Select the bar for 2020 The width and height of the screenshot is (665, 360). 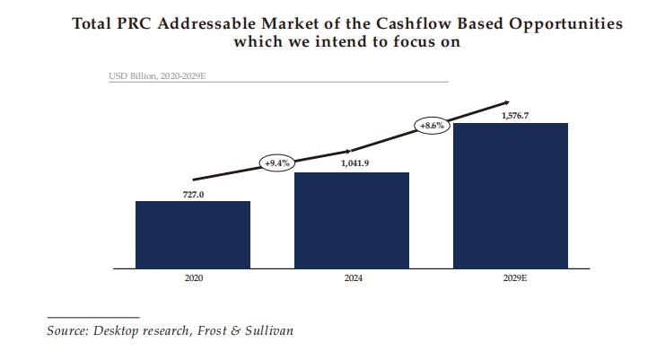[x=193, y=234]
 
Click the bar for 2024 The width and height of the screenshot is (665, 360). [x=352, y=220]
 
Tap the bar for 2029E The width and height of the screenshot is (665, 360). [x=511, y=196]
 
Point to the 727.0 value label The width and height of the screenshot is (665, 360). [x=194, y=194]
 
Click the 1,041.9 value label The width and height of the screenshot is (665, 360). [x=353, y=165]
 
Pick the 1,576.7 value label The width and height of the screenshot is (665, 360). [x=512, y=116]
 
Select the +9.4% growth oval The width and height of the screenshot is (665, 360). [x=277, y=162]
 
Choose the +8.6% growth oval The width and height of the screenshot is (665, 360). [x=432, y=127]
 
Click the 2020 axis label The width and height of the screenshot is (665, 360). [x=194, y=279]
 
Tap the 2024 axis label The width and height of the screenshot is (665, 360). [x=353, y=279]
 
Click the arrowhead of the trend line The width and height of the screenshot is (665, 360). [x=505, y=102]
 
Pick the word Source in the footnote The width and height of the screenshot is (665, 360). [x=66, y=330]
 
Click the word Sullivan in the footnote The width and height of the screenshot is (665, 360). [x=267, y=330]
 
